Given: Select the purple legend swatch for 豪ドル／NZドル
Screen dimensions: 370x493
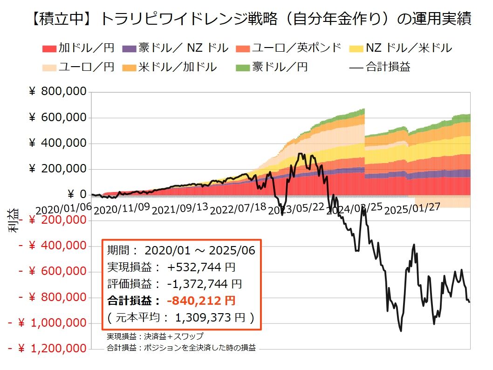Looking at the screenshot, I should point(129,48).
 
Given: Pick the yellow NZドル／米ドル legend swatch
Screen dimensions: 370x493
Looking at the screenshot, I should point(357,48).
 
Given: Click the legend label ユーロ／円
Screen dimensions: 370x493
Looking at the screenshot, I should point(86,67).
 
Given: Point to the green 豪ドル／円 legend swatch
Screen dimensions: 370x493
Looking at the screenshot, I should point(243,67).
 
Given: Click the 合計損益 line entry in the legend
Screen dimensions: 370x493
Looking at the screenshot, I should point(379,67).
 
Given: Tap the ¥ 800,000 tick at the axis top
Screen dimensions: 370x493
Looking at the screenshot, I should point(58,92).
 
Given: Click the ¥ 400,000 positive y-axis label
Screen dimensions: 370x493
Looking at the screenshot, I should point(58,143).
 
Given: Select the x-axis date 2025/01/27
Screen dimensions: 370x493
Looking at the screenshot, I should point(413,207).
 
